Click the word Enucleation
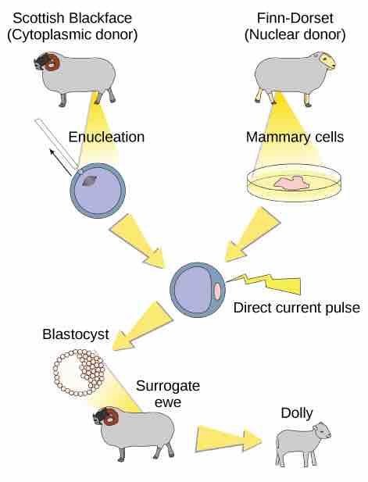click(x=106, y=137)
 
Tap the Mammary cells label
click(x=295, y=137)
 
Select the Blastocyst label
click(x=76, y=335)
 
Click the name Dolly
click(x=297, y=413)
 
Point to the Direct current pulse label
click(x=297, y=308)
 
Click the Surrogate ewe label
click(x=168, y=394)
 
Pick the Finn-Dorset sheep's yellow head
click(x=327, y=61)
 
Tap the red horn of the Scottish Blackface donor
click(x=52, y=62)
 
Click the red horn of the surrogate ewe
click(x=111, y=417)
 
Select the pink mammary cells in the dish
click(x=291, y=183)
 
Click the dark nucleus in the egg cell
click(x=89, y=181)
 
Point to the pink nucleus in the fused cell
click(x=217, y=291)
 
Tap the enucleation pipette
click(x=57, y=145)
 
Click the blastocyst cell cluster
click(x=80, y=373)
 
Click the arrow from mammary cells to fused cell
click(x=252, y=234)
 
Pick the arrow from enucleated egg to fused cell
click(x=138, y=241)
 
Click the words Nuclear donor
click(x=295, y=34)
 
